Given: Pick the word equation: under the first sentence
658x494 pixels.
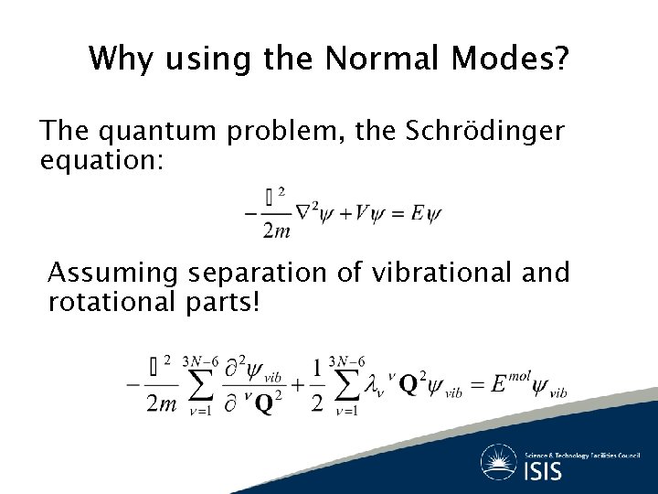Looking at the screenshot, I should (101, 161).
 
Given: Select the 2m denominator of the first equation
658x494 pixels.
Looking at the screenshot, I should (276, 231).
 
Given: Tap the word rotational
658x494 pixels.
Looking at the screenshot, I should (111, 301).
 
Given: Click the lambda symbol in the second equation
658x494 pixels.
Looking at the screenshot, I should (372, 385).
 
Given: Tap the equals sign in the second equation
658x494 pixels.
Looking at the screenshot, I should (473, 385).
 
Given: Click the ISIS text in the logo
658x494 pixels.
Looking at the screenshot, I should (544, 470).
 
